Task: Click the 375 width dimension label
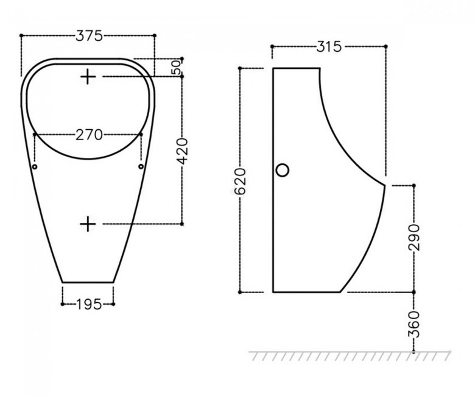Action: pyautogui.click(x=90, y=36)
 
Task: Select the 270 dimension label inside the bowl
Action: pyautogui.click(x=89, y=135)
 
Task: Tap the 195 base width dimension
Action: pyautogui.click(x=89, y=304)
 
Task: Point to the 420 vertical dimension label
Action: pyautogui.click(x=183, y=151)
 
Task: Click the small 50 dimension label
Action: pyautogui.click(x=176, y=67)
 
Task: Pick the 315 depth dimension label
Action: pyautogui.click(x=329, y=47)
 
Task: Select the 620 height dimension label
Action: pyautogui.click(x=240, y=182)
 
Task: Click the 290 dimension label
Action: pyautogui.click(x=414, y=238)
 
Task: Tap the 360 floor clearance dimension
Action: pyautogui.click(x=414, y=324)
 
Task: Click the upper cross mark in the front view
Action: pyautogui.click(x=88, y=77)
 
